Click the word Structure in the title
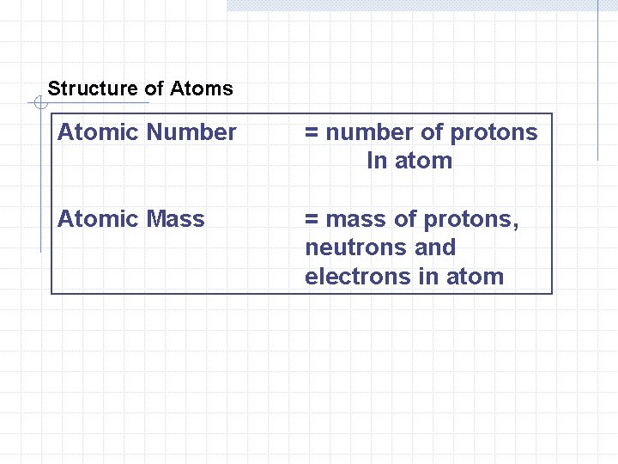tap(82, 89)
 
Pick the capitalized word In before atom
tap(376, 161)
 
